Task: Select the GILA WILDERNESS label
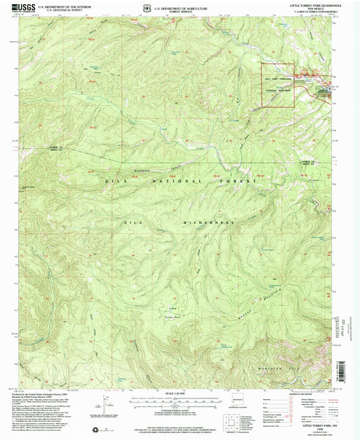pyautogui.click(x=179, y=222)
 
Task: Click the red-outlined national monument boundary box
pyautogui.click(x=277, y=85)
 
